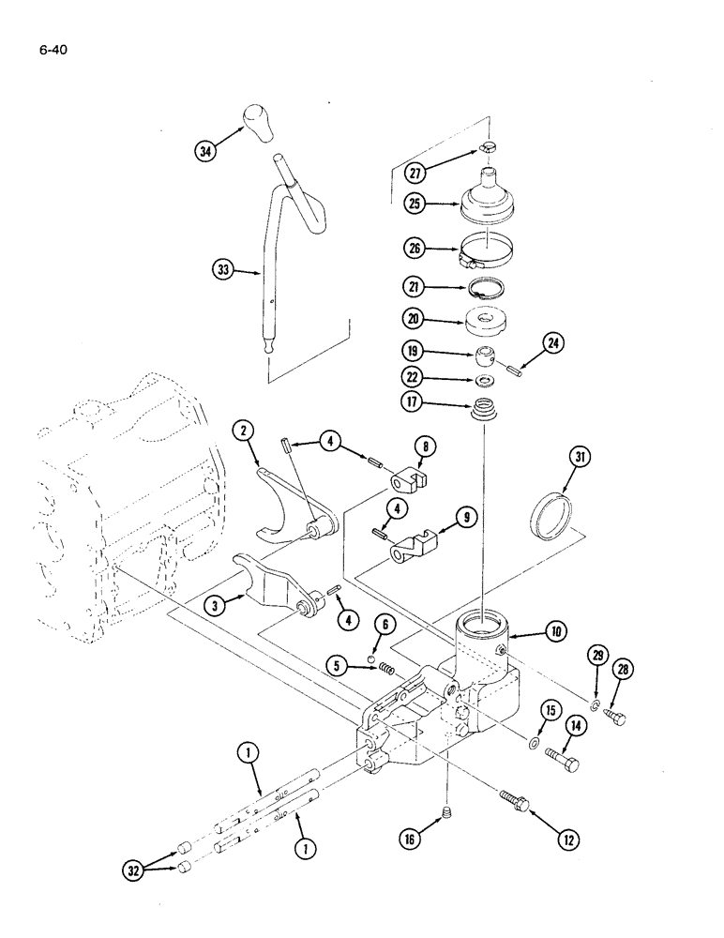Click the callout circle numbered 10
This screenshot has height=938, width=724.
tap(556, 632)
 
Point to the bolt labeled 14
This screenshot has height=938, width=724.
tap(562, 755)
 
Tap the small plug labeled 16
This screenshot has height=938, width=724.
tap(448, 812)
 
